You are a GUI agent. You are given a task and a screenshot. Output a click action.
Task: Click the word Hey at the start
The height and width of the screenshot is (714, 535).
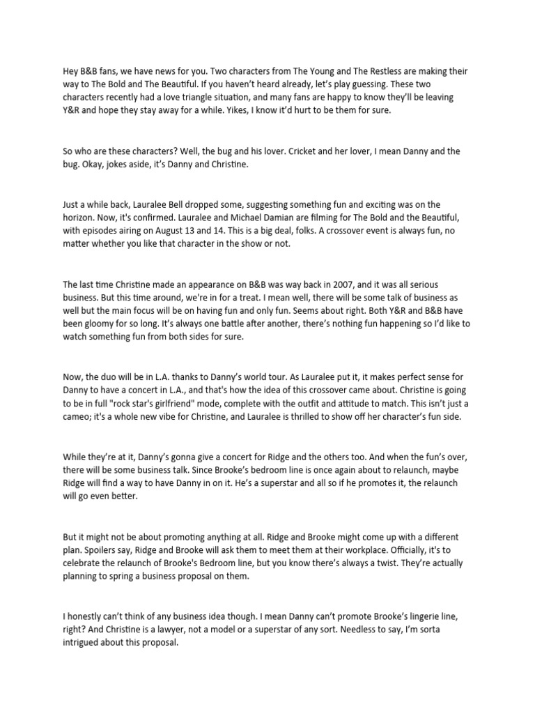(x=72, y=71)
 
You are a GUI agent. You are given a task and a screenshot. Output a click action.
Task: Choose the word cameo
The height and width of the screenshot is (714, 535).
(x=79, y=417)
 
